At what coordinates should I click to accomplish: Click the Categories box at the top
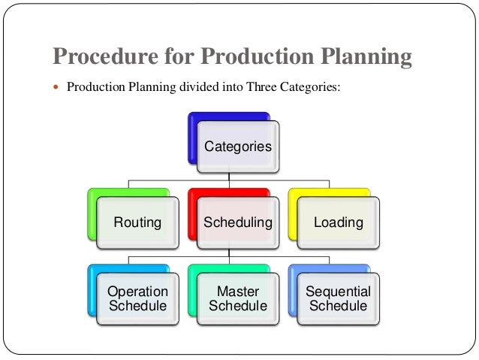[238, 147]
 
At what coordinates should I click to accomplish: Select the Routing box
[137, 222]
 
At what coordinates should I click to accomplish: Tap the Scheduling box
[238, 222]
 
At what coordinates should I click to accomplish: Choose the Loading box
[338, 222]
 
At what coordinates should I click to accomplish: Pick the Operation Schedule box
[137, 298]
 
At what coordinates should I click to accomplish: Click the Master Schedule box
[238, 298]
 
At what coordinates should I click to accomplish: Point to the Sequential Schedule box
[338, 298]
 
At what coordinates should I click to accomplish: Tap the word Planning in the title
[363, 57]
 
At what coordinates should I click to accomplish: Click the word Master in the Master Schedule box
[238, 292]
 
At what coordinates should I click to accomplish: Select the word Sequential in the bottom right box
[338, 292]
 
